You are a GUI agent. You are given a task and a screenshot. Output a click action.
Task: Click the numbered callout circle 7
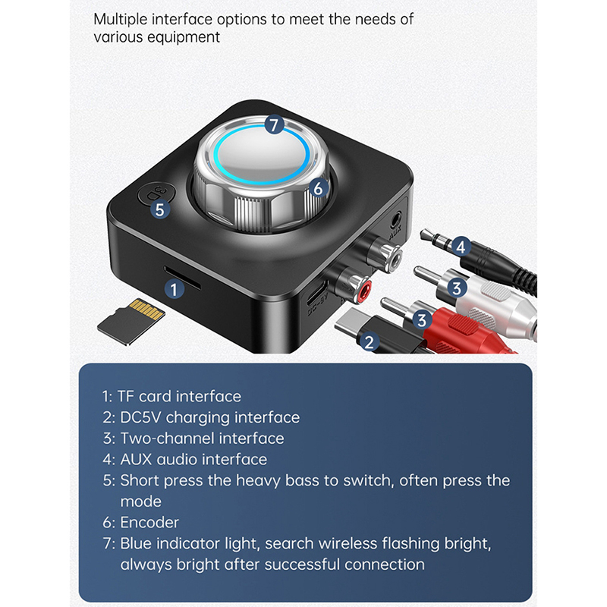pos(274,124)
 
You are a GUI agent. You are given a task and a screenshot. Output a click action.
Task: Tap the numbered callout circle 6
pos(318,188)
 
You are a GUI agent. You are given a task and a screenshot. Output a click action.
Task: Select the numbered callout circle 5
pos(160,209)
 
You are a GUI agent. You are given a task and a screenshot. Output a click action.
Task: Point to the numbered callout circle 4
pos(461,247)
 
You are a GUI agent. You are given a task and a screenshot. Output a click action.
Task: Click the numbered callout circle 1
pos(174,289)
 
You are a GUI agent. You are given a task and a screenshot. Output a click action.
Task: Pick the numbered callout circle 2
pos(369,342)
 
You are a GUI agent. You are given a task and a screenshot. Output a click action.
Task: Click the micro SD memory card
pos(131,321)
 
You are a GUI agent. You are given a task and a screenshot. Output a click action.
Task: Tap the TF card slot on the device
pos(182,278)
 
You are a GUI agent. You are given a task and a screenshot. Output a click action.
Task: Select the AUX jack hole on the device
pos(395,220)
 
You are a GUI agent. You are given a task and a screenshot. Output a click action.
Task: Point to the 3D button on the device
pos(156,193)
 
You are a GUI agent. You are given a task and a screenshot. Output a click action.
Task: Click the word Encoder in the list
pos(149,522)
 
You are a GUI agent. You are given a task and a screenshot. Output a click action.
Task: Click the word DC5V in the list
pos(140,417)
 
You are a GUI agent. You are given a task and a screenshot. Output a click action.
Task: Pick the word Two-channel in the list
pos(167,439)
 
